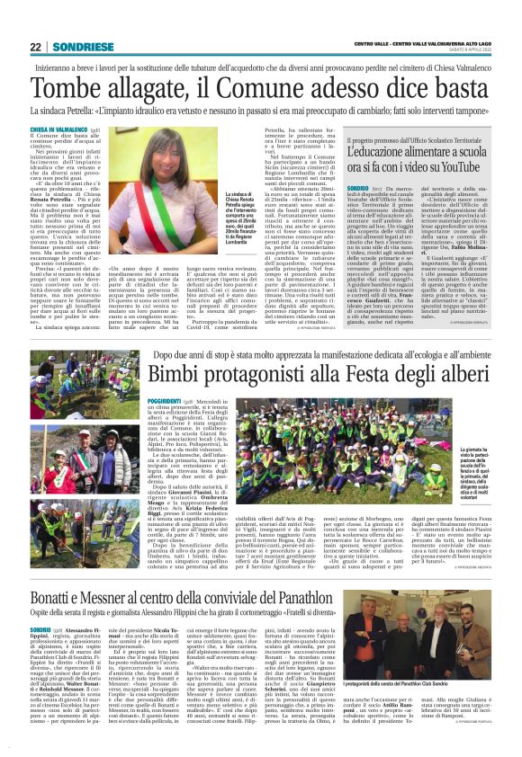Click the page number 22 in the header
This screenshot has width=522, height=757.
[x=35, y=48]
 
